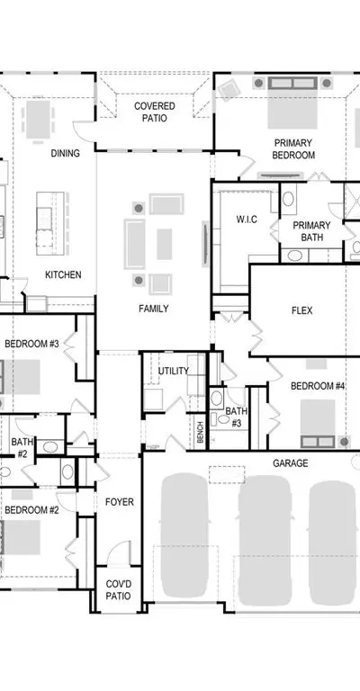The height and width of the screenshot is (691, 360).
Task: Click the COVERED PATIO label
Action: (x=155, y=112)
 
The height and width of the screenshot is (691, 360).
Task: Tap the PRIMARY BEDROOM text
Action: (x=293, y=149)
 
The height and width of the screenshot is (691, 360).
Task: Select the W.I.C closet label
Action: (x=247, y=220)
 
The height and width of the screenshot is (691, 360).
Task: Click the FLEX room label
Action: (x=301, y=310)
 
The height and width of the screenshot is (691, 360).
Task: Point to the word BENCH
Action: (x=200, y=432)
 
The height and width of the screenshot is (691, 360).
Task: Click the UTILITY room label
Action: (x=174, y=371)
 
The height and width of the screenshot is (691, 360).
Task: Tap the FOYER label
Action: (x=120, y=502)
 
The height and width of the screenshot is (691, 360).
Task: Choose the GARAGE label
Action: (x=291, y=463)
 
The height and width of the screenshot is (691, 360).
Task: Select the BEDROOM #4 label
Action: (x=318, y=386)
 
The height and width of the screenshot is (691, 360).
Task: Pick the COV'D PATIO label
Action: (x=118, y=590)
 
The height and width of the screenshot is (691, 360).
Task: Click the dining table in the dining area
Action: (x=39, y=120)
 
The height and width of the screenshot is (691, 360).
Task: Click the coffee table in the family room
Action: (x=165, y=244)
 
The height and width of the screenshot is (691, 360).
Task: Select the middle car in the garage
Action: (x=265, y=540)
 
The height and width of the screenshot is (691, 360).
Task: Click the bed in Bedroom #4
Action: (x=318, y=423)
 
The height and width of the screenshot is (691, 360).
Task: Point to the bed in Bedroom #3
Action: (x=22, y=377)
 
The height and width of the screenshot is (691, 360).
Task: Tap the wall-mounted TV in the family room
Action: (x=205, y=244)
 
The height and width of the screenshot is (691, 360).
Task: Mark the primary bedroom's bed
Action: (x=292, y=103)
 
